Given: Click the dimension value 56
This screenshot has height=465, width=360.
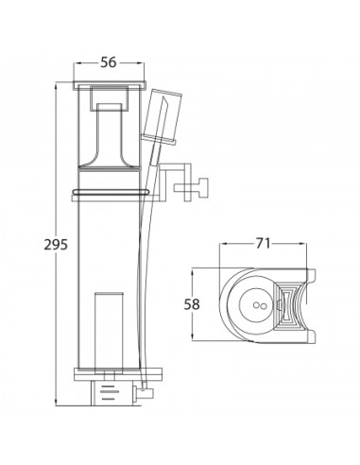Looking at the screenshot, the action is point(109,62).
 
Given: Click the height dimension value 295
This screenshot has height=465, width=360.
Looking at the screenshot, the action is point(56,245).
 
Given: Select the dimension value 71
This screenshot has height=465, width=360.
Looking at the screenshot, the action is point(263,243).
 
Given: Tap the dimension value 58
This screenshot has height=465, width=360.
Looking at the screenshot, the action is point(192,304).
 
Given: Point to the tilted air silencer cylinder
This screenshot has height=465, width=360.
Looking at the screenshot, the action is point(162,116).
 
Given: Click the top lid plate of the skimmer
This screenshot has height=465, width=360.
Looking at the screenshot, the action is point(110,84).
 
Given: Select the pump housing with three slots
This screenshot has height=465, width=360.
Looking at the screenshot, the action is point(113,392).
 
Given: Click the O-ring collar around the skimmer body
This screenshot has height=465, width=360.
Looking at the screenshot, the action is point(111,192).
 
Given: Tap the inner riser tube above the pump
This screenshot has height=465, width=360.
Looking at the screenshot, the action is point(109,332).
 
